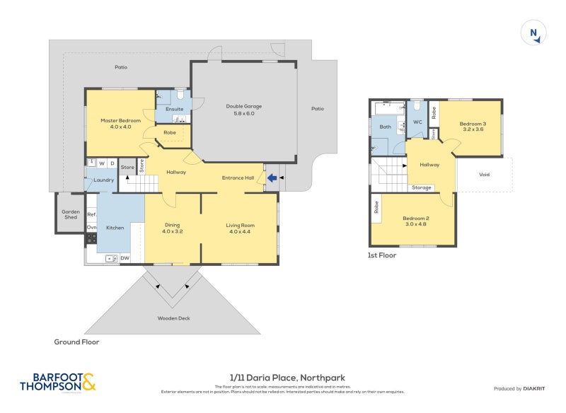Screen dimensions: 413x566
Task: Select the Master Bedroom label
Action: [120, 121]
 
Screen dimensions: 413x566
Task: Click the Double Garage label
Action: [243, 107]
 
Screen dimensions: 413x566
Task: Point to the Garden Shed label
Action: [70, 214]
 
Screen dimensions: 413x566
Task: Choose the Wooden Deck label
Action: [173, 318]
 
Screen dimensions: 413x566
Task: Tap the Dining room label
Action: [173, 225]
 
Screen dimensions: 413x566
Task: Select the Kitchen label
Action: [115, 228]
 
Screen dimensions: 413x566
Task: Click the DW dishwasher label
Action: [125, 258]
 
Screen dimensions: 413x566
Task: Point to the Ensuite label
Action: [174, 109]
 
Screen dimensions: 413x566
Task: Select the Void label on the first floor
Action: [484, 175]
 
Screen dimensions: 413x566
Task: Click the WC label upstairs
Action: [417, 122]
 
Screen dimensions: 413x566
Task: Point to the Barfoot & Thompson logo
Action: [57, 383]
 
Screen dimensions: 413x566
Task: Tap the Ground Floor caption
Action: [76, 342]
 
